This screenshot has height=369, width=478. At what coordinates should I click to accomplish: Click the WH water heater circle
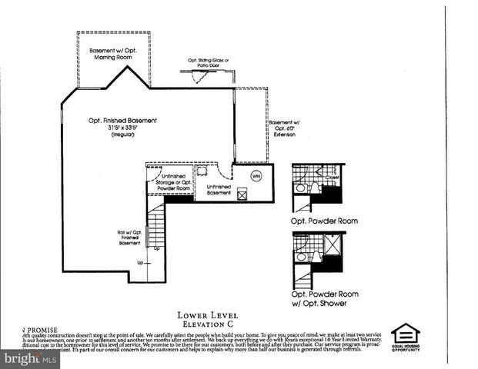point(256,176)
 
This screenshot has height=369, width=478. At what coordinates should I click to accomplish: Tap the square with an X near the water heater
point(242,194)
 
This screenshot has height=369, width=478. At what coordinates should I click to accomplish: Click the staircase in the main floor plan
point(156,228)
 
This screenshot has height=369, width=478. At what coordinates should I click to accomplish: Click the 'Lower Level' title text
point(207,315)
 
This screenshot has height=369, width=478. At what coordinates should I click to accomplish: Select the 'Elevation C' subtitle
point(207,324)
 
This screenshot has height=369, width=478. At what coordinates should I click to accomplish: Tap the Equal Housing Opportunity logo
point(405,337)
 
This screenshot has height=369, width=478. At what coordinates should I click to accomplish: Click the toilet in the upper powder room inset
point(300,188)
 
